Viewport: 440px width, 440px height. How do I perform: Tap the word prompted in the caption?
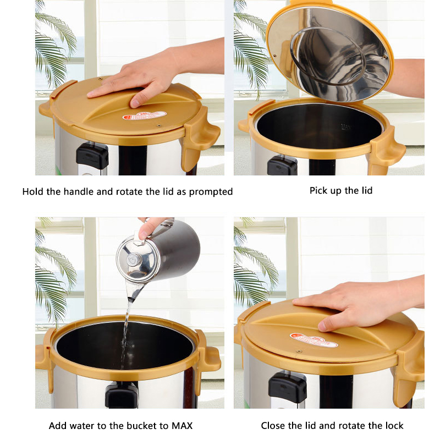(211, 192)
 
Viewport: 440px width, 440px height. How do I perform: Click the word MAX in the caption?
(181, 426)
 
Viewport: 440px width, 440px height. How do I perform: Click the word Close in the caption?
(273, 426)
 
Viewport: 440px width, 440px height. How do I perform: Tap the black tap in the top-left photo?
(92, 156)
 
